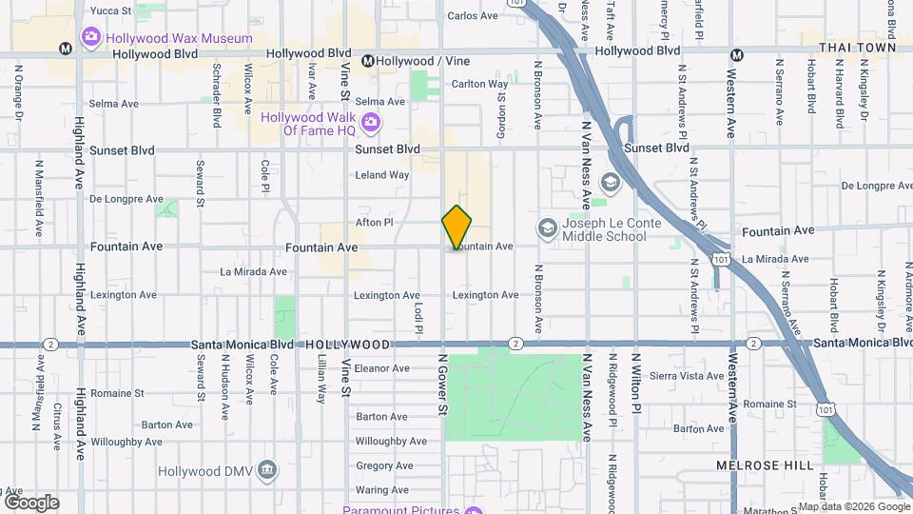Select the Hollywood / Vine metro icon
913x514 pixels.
coord(365,61)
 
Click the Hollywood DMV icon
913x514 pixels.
coord(268,471)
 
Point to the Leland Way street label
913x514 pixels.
coord(381,175)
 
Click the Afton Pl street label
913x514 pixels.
coord(374,222)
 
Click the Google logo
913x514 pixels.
coord(30,503)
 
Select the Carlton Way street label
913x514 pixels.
coord(479,84)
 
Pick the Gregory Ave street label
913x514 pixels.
coord(383,465)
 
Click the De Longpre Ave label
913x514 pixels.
coord(126,199)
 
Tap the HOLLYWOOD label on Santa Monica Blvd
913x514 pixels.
coord(347,344)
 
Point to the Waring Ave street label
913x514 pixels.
coord(381,490)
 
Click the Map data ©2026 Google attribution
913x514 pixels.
coord(852,506)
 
